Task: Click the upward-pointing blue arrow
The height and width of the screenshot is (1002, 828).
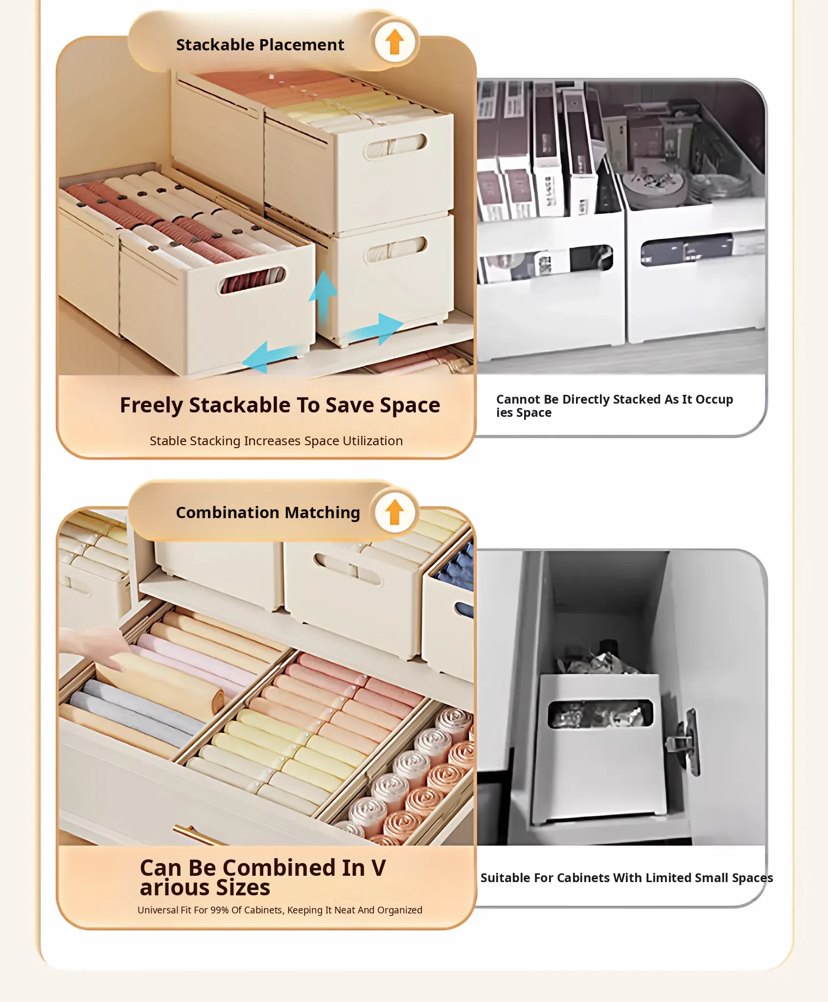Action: (x=323, y=298)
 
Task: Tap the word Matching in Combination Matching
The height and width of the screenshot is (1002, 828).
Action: (x=322, y=513)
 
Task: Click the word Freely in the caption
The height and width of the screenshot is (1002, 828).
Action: (x=151, y=406)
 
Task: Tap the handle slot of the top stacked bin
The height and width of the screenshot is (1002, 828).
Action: (x=395, y=146)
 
